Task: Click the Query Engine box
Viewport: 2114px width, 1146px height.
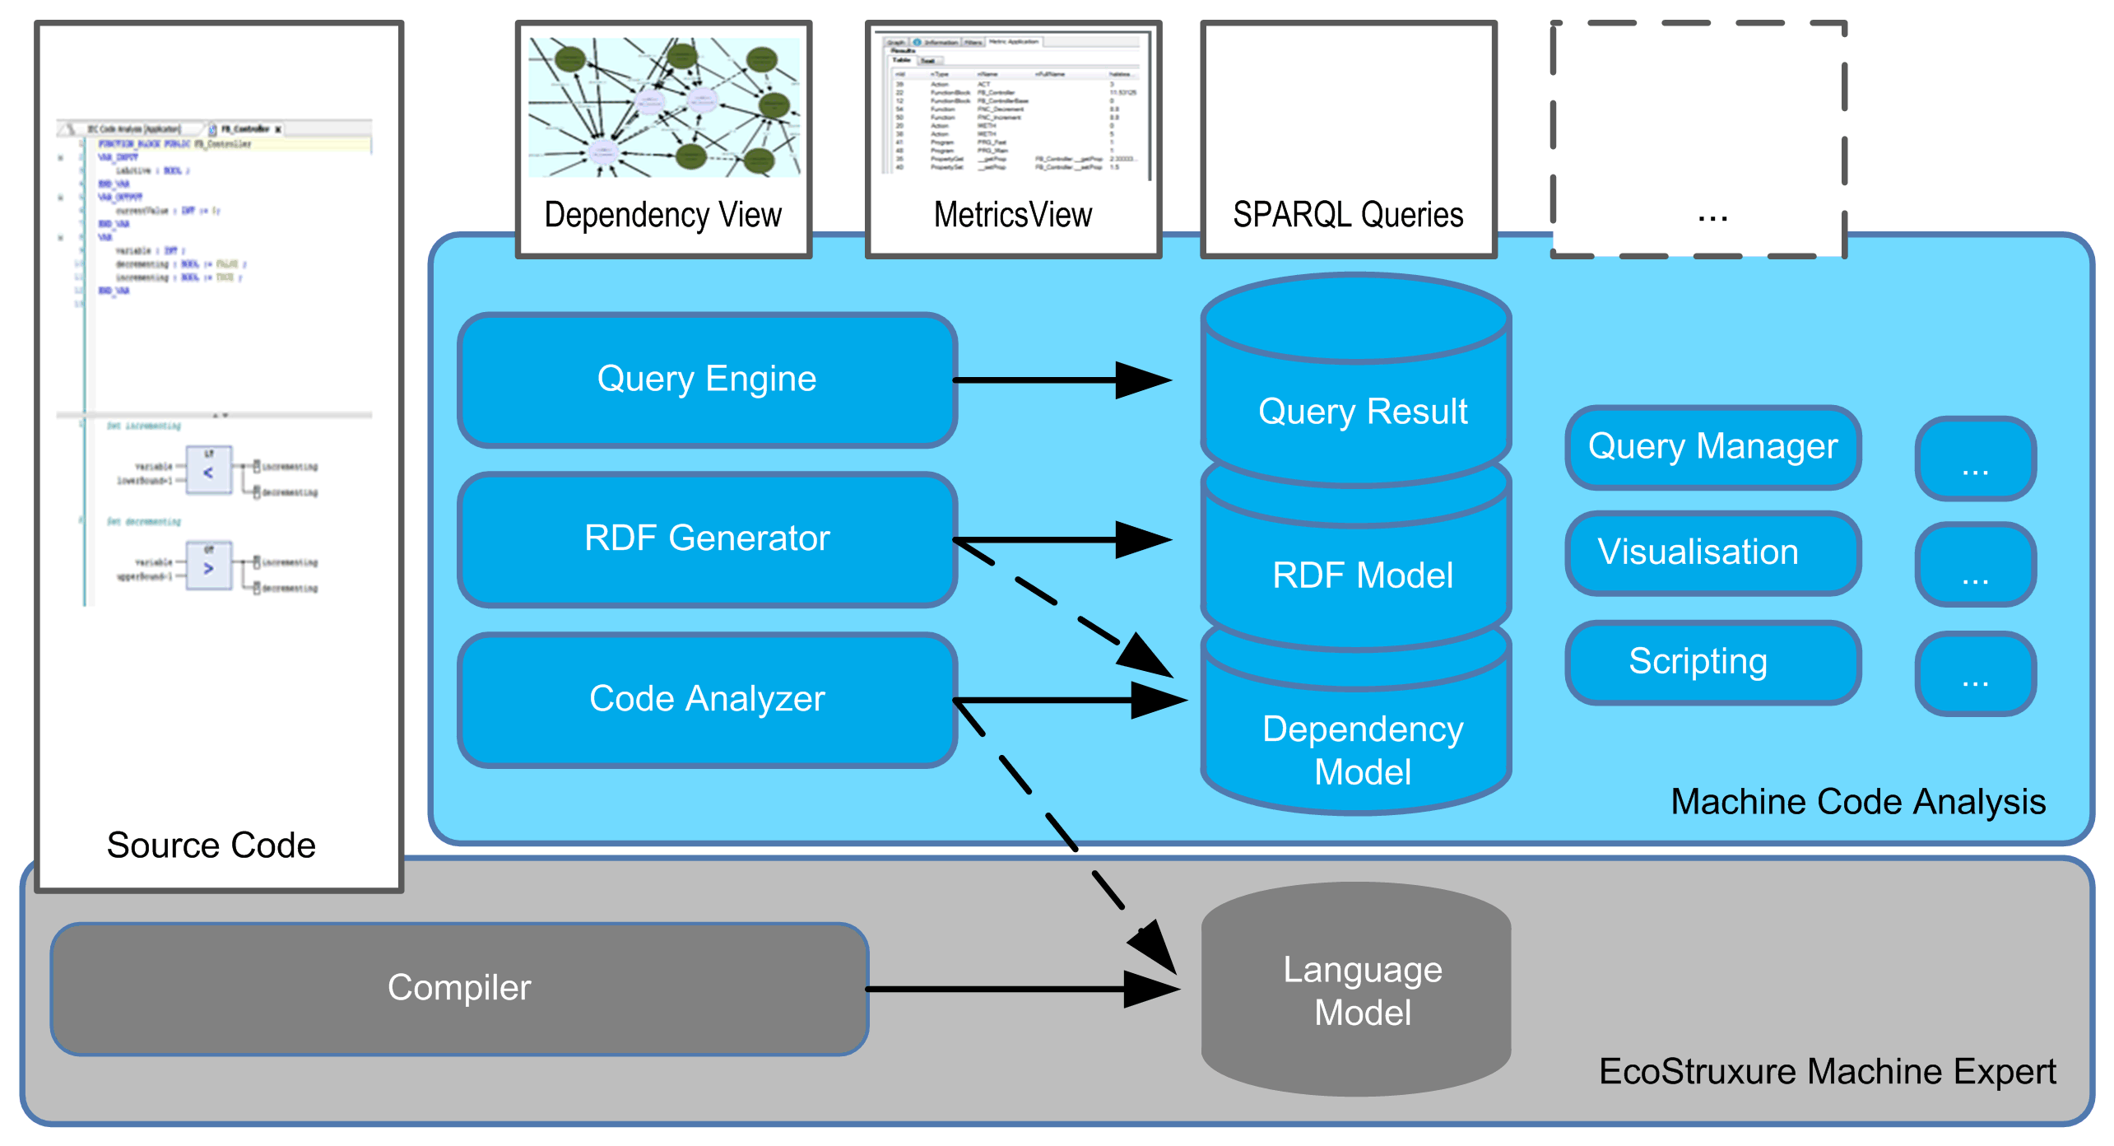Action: [706, 380]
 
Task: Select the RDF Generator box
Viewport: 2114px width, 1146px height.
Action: [706, 539]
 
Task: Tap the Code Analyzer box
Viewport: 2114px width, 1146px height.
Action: [706, 699]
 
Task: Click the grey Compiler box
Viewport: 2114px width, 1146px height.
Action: [459, 988]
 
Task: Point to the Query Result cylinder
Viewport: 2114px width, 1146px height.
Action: [1362, 411]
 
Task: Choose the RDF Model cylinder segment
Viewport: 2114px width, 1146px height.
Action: [1362, 575]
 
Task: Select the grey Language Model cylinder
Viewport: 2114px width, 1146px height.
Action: [1362, 990]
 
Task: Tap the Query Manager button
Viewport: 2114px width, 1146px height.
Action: [1712, 447]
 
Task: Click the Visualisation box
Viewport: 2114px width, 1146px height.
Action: [1712, 552]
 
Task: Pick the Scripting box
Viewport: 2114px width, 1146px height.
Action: [1712, 662]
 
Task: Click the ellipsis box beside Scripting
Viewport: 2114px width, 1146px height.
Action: [1975, 673]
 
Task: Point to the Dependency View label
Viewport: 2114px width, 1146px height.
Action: [662, 215]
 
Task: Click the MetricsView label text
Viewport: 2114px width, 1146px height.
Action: [1012, 215]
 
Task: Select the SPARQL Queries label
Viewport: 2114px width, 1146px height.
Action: [1347, 215]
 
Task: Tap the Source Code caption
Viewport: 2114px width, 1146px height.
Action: [211, 846]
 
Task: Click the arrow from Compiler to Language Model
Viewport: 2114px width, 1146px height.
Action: [1020, 989]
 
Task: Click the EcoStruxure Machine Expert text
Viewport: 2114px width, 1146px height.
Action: [1827, 1072]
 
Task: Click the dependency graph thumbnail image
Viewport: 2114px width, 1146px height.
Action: [663, 108]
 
